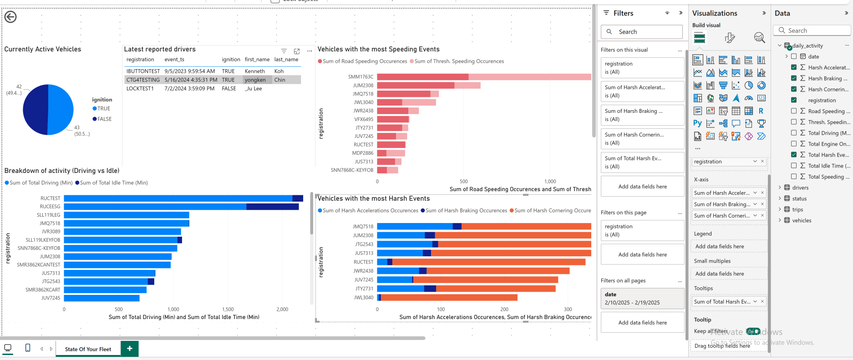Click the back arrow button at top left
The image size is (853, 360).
[x=10, y=17]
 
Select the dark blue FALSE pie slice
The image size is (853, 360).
[x=36, y=110]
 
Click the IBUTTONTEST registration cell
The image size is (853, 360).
[x=143, y=71]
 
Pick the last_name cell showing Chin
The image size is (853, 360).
[x=279, y=80]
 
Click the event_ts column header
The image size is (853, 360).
[x=174, y=60]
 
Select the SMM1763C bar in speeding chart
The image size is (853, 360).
[x=422, y=77]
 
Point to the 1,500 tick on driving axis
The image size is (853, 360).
[x=228, y=309]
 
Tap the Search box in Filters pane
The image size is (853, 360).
[x=642, y=32]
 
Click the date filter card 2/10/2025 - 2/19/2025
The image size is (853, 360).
[x=642, y=299]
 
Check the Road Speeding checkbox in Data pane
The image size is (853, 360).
[x=794, y=111]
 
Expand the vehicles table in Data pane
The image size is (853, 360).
[x=780, y=220]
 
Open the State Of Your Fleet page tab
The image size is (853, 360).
[x=88, y=349]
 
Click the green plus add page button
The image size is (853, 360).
[x=130, y=349]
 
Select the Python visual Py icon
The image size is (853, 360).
[x=697, y=123]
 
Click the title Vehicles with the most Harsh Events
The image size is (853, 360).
[x=373, y=198]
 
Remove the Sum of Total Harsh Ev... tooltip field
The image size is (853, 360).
[x=762, y=301]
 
